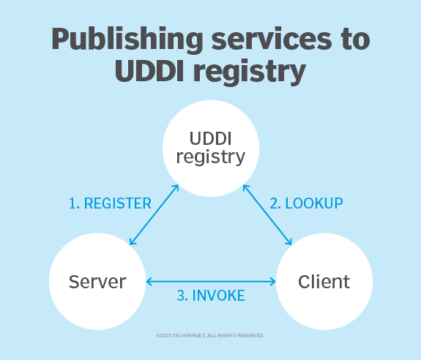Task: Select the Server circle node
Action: [97, 282]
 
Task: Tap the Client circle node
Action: [324, 282]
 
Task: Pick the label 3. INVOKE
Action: [211, 296]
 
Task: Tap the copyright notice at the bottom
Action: [211, 335]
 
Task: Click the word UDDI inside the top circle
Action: [211, 138]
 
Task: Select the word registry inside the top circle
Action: [211, 157]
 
